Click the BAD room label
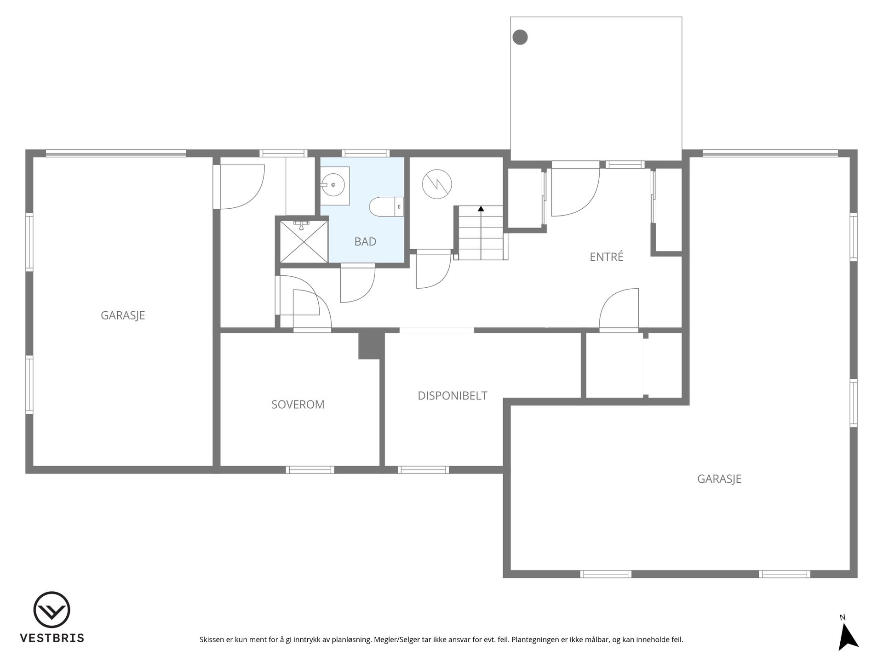tap(365, 241)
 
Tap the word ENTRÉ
tap(607, 257)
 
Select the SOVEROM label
tap(298, 405)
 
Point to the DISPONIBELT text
tap(453, 395)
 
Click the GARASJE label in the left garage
tap(123, 315)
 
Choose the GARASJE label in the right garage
tap(719, 479)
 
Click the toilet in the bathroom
tap(386, 206)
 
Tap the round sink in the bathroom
tap(333, 185)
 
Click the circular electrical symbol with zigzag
tap(437, 184)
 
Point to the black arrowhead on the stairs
tap(481, 209)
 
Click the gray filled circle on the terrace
tap(520, 37)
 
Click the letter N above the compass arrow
tap(842, 617)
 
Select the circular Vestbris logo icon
tap(52, 610)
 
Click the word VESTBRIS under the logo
tap(52, 638)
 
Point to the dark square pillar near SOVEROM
tap(371, 345)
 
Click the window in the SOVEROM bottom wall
tap(310, 470)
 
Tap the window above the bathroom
tap(366, 153)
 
